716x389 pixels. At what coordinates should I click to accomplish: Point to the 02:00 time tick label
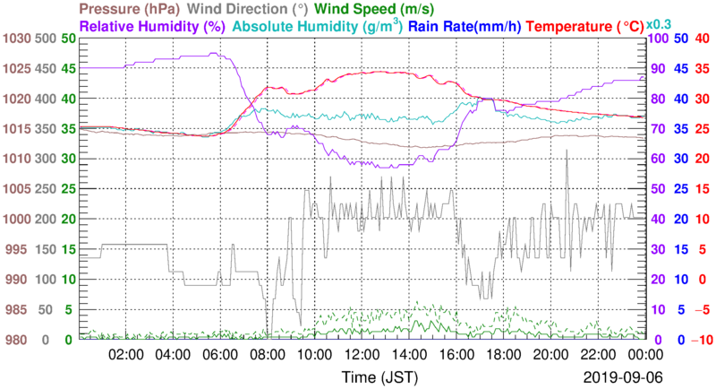tap(126, 355)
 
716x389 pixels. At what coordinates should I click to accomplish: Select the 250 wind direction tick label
tap(45, 189)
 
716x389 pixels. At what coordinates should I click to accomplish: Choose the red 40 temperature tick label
tap(702, 39)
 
